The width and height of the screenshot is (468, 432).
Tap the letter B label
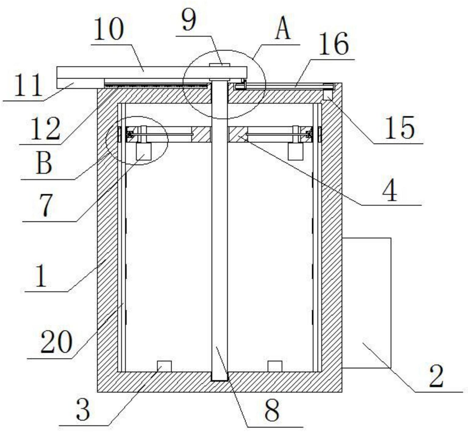click(44, 164)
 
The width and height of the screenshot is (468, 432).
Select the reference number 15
click(399, 128)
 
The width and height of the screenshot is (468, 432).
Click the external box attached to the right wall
click(367, 303)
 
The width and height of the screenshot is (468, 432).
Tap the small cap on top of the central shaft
click(219, 65)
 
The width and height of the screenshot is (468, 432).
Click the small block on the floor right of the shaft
click(275, 366)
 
